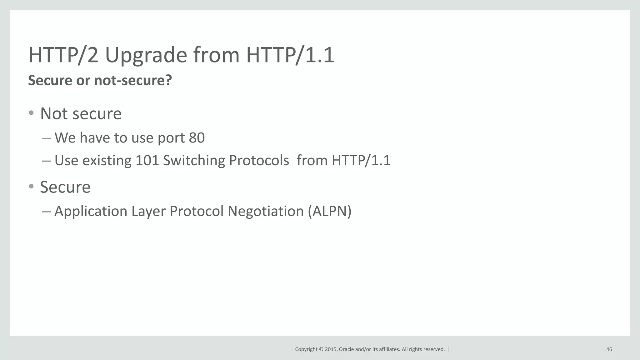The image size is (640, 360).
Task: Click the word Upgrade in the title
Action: [x=146, y=55]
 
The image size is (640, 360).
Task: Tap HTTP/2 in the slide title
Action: [x=63, y=55]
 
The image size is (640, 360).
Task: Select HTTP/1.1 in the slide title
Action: [x=290, y=55]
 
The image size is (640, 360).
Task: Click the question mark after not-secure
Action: [x=168, y=80]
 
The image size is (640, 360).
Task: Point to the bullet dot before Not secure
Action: [x=31, y=113]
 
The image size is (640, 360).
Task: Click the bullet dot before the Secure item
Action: [x=31, y=187]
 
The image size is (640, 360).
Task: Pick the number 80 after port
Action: [x=197, y=138]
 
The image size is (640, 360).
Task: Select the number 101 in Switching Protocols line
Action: [x=147, y=161]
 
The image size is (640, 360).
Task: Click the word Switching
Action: [x=194, y=161]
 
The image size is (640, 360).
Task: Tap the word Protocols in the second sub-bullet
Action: [x=259, y=161]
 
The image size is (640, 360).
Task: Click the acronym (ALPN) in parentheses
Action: [x=329, y=211]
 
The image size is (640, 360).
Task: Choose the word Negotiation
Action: [x=265, y=211]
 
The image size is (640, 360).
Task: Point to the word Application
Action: [x=91, y=211]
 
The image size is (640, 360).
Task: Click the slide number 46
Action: [x=609, y=349]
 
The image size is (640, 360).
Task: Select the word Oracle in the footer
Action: [x=346, y=349]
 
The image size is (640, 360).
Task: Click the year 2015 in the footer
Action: [x=331, y=349]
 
